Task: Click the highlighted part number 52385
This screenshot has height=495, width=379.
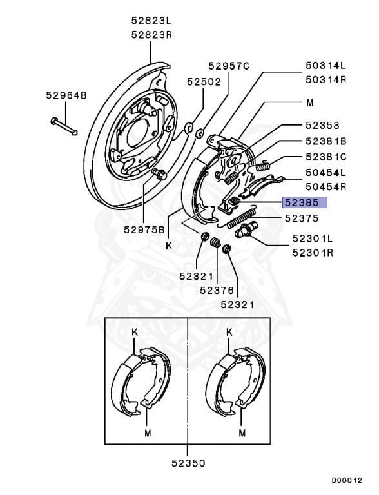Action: pos(302,202)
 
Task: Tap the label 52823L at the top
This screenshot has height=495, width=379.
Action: pos(151,21)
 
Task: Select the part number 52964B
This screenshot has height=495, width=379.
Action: pos(66,95)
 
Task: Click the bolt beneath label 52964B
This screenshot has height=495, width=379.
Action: pos(64,126)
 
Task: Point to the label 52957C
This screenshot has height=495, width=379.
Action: pos(229,66)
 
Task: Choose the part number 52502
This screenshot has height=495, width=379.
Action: pos(204,82)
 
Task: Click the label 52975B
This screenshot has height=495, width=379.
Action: pos(144,229)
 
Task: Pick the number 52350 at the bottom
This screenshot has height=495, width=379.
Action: pos(189,463)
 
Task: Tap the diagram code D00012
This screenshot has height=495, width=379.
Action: pos(347,480)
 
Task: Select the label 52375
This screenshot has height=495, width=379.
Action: pos(302,218)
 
